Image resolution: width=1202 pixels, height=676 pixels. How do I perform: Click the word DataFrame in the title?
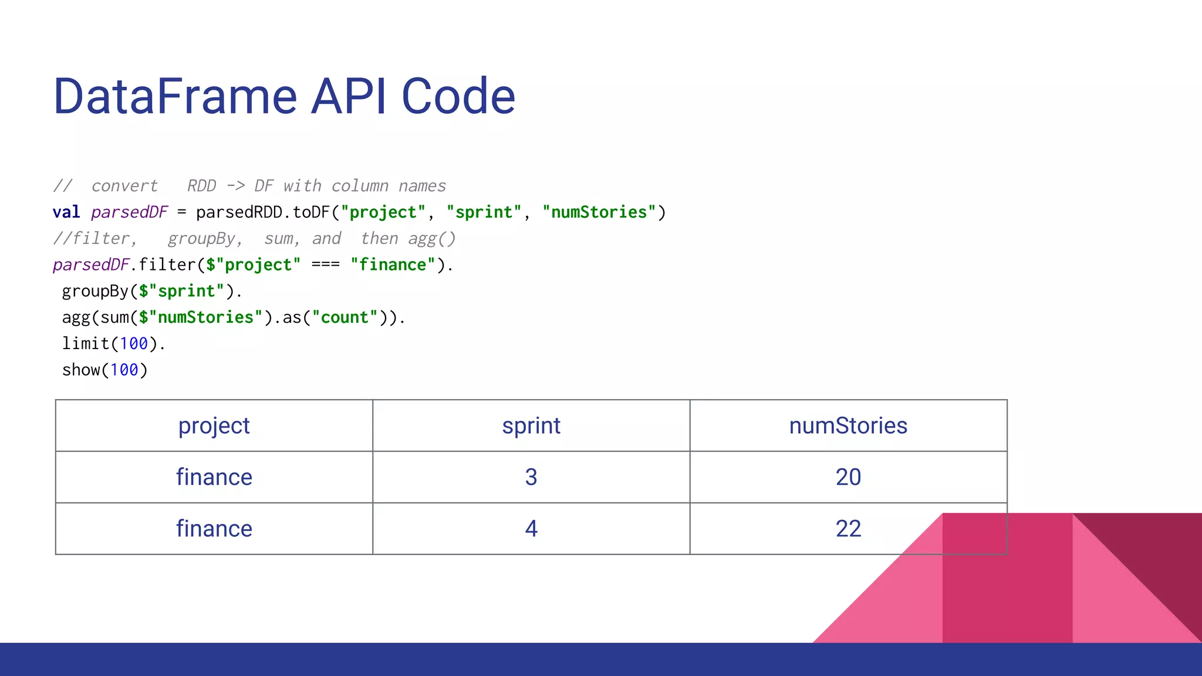pyautogui.click(x=175, y=97)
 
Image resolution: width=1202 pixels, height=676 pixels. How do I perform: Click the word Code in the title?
pyautogui.click(x=458, y=97)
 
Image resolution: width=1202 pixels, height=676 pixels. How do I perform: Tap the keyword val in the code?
pyautogui.click(x=66, y=212)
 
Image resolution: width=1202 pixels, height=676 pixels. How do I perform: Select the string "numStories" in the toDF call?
pyautogui.click(x=599, y=212)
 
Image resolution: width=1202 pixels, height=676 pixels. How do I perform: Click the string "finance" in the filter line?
pyautogui.click(x=393, y=265)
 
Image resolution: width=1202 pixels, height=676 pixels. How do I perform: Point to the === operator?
pyautogui.click(x=325, y=265)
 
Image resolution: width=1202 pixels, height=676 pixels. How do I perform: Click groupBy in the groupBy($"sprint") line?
pyautogui.click(x=95, y=292)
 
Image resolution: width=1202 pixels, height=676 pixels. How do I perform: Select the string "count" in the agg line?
pyautogui.click(x=345, y=318)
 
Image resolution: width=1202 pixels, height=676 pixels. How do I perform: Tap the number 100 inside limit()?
pyautogui.click(x=134, y=344)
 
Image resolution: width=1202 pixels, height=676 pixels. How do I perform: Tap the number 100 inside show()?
pyautogui.click(x=124, y=370)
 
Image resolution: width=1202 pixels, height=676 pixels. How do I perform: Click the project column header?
pyautogui.click(x=214, y=426)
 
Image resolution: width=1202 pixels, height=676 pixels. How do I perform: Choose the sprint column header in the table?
pyautogui.click(x=531, y=426)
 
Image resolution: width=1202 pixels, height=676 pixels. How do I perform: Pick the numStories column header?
pyautogui.click(x=848, y=426)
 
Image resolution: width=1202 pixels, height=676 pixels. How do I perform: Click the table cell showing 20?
pyautogui.click(x=848, y=477)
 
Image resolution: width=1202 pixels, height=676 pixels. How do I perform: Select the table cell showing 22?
pyautogui.click(x=848, y=529)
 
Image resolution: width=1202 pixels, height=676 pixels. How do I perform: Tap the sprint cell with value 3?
pyautogui.click(x=531, y=477)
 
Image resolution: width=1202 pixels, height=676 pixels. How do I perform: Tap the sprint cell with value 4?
pyautogui.click(x=531, y=529)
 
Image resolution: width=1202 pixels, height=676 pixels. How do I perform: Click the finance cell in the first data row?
pyautogui.click(x=214, y=477)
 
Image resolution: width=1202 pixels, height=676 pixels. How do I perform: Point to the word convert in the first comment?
pyautogui.click(x=124, y=187)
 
